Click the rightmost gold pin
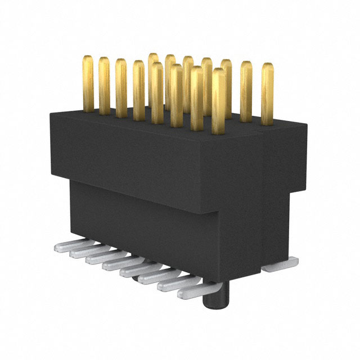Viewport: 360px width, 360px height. tap(267, 93)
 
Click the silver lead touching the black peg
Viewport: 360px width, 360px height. tap(192, 292)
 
